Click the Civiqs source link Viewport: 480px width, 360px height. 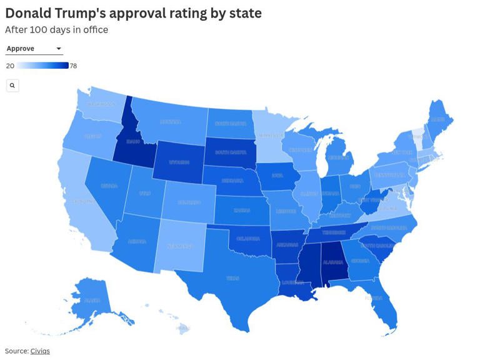40,351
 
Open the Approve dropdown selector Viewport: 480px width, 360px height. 34,49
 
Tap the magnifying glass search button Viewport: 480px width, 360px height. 12,86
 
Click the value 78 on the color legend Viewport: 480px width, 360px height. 73,66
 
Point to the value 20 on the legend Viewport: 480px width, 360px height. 10,66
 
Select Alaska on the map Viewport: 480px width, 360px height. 92,300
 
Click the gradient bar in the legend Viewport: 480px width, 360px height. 42,66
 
